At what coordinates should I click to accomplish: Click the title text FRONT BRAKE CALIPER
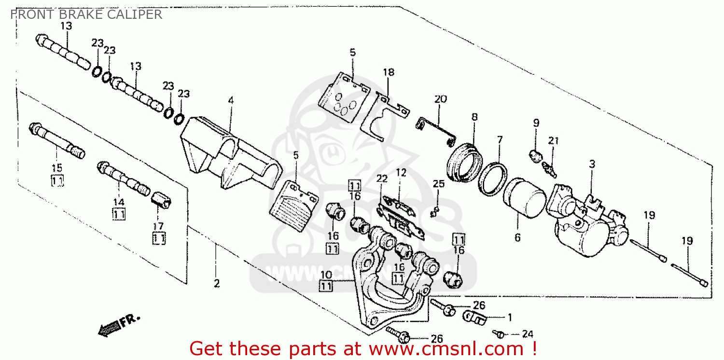click(86, 14)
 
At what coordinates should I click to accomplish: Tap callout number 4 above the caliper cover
click(231, 100)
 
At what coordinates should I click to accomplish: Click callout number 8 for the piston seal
click(474, 117)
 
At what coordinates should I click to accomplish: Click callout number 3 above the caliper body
click(592, 164)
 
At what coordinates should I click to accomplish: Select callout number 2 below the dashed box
click(217, 284)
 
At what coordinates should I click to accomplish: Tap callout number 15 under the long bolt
click(57, 168)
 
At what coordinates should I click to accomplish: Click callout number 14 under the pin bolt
click(119, 202)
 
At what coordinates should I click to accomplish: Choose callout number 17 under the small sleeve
click(159, 225)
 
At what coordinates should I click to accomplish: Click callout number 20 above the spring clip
click(440, 99)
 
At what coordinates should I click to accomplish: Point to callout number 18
click(389, 72)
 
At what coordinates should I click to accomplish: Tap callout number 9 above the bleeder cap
click(536, 123)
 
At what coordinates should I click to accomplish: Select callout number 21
click(553, 141)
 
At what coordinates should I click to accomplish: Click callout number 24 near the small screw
click(528, 334)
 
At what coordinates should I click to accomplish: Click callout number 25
click(438, 183)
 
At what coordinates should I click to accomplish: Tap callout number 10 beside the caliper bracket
click(326, 275)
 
